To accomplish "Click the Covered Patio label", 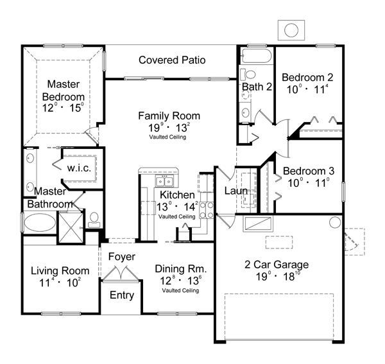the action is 172,60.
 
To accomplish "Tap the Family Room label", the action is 169,116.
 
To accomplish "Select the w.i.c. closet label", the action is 79,168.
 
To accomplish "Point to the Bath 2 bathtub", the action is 257,56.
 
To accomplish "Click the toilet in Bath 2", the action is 248,74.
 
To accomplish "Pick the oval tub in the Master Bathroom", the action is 40,222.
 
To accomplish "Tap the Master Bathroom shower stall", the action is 71,228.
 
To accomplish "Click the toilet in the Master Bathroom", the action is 94,220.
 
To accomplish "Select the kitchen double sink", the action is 164,182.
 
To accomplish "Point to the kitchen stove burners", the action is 206,210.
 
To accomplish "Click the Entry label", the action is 122,295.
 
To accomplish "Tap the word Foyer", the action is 122,257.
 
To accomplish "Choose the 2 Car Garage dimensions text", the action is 277,276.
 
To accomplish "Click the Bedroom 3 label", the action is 309,171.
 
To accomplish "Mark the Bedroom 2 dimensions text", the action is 307,89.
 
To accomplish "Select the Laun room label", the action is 235,191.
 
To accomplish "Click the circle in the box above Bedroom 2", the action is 291,30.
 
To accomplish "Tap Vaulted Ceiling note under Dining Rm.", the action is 180,291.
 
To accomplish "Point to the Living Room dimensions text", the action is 60,282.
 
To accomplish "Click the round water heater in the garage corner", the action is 335,222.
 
